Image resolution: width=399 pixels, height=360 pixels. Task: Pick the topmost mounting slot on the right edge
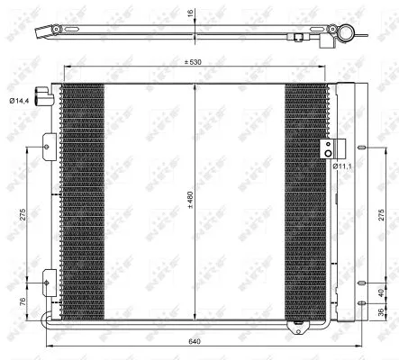click(x=361, y=149)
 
